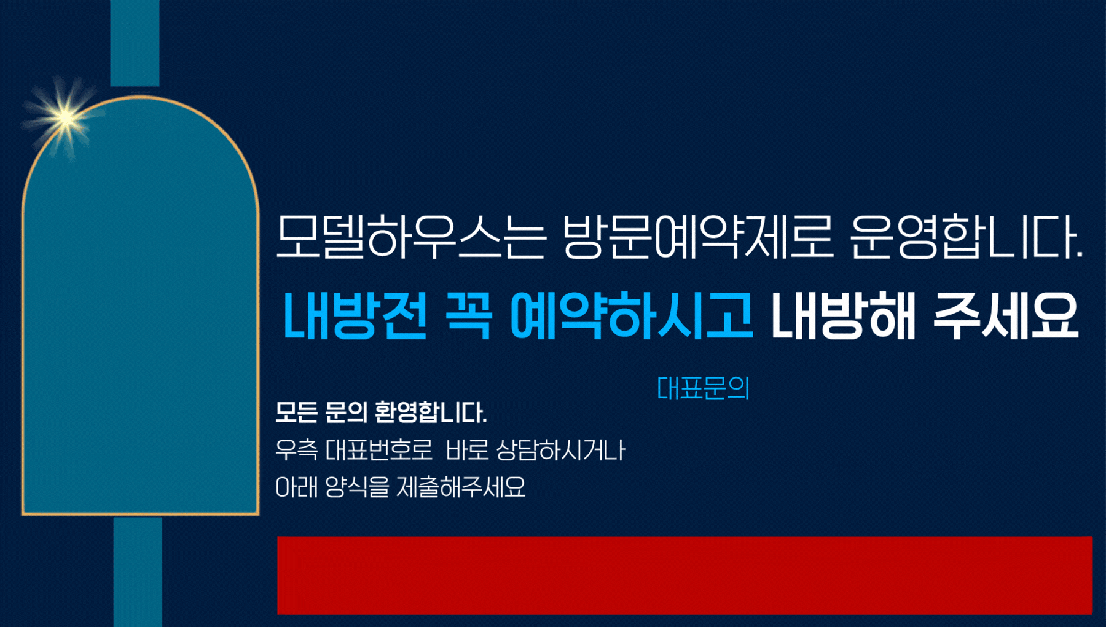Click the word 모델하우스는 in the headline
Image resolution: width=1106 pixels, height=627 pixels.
[410, 237]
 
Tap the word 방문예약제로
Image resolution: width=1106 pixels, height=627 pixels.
[697, 237]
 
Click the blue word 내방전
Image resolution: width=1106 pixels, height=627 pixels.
[355, 316]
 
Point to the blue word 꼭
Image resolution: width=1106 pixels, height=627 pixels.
[469, 316]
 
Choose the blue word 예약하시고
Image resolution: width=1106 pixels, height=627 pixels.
[631, 316]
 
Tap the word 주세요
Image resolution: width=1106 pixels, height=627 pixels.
[1006, 316]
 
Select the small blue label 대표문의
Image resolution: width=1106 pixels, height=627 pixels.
[703, 388]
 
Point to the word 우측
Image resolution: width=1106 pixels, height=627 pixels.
[297, 451]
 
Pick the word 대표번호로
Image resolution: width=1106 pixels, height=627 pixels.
[379, 451]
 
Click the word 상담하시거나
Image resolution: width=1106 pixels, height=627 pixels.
[560, 451]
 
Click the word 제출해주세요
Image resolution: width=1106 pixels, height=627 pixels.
[461, 487]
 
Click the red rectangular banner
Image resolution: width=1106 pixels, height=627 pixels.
[684, 575]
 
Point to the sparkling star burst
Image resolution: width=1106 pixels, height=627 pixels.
[65, 117]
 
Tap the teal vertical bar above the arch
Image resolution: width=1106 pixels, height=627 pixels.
[135, 43]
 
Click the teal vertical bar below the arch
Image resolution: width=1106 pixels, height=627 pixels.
[138, 572]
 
